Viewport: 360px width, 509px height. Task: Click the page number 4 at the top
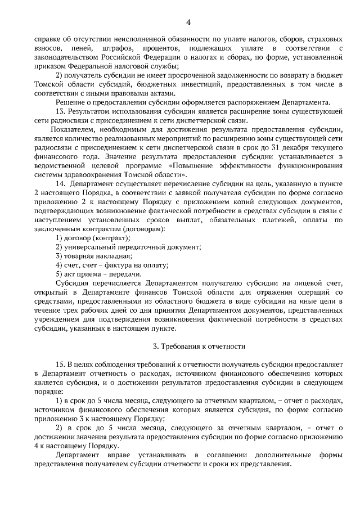(x=188, y=21)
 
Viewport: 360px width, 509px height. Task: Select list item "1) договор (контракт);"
(x=93, y=238)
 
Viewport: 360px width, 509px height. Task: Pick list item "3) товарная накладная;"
(x=93, y=256)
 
